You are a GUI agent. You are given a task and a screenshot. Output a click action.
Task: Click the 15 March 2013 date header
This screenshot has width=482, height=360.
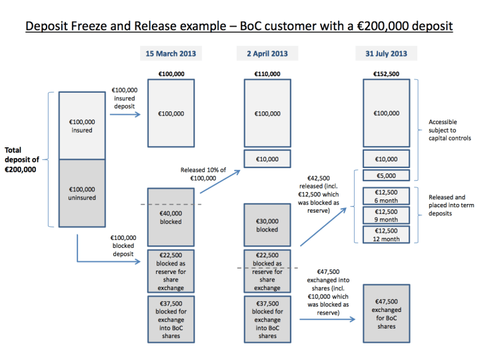pyautogui.click(x=171, y=53)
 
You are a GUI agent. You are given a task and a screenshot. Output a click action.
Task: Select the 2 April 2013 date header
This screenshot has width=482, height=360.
pyautogui.click(x=267, y=53)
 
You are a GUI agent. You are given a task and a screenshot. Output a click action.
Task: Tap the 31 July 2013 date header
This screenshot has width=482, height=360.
pyautogui.click(x=385, y=53)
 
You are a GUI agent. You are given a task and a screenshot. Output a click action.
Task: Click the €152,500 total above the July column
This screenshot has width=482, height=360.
pyautogui.click(x=385, y=73)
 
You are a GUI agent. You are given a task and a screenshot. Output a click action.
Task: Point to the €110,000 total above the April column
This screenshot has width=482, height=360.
pyautogui.click(x=267, y=73)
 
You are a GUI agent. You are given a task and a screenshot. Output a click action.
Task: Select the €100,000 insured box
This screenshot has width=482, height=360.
pyautogui.click(x=82, y=126)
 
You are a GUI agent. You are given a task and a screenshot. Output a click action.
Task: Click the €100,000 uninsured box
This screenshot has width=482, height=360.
pyautogui.click(x=82, y=194)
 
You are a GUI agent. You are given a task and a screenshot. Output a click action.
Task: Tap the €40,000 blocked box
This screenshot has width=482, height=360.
pyautogui.click(x=171, y=217)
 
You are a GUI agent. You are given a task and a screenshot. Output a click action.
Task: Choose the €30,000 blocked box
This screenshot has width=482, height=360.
pyautogui.click(x=267, y=225)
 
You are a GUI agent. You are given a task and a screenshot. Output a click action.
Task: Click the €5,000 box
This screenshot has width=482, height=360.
pyautogui.click(x=386, y=176)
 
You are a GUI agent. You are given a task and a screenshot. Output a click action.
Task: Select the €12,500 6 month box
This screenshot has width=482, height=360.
pyautogui.click(x=386, y=197)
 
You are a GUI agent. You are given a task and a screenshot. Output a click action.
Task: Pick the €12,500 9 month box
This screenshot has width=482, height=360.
pyautogui.click(x=386, y=215)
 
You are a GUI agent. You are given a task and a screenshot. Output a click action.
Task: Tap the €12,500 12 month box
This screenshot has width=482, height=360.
pyautogui.click(x=386, y=235)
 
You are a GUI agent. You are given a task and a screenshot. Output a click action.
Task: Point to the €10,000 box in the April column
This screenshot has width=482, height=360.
pyautogui.click(x=267, y=159)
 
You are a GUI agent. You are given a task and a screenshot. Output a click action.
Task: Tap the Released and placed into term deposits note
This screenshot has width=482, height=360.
pyautogui.click(x=451, y=206)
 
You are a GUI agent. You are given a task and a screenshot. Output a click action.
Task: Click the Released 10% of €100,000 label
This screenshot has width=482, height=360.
pyautogui.click(x=203, y=174)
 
